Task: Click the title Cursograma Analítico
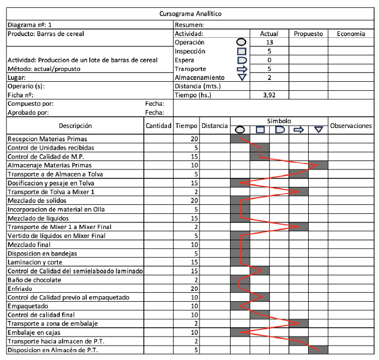(x=189, y=13)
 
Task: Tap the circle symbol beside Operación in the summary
(x=241, y=43)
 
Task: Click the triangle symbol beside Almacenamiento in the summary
(x=241, y=78)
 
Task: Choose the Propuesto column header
(x=308, y=34)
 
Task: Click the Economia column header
(x=351, y=34)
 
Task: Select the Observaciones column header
(x=351, y=126)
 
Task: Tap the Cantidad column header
(x=159, y=126)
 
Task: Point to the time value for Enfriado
(x=193, y=289)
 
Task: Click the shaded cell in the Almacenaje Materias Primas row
(x=318, y=165)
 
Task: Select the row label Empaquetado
(x=28, y=307)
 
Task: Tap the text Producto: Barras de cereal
(x=45, y=34)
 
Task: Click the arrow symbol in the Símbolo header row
(x=299, y=129)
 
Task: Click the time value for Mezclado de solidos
(x=193, y=200)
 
